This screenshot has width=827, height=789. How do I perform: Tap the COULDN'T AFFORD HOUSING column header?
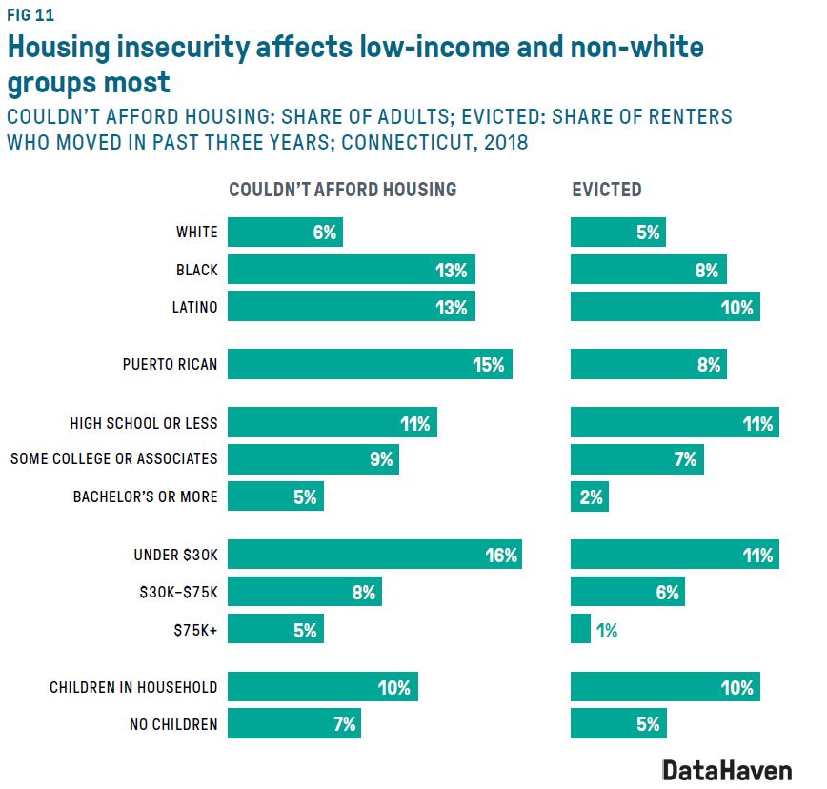pos(342,190)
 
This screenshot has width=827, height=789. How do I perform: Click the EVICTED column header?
pos(606,190)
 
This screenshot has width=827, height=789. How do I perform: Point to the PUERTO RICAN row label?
pos(170,364)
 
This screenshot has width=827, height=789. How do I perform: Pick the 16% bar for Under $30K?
pos(374,555)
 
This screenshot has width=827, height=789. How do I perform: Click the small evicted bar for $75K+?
pos(580,629)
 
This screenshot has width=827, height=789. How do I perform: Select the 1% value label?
pos(607,630)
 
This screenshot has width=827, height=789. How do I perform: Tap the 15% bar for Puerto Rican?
pos(370,364)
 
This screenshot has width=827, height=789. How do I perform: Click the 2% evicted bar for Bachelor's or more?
pos(589,496)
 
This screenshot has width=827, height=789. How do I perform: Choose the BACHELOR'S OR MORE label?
pos(145,496)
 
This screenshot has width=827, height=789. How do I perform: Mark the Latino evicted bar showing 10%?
pos(664,307)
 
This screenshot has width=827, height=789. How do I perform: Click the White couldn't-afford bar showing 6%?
pos(285,233)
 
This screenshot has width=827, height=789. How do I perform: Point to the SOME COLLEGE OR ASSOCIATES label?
pos(113,458)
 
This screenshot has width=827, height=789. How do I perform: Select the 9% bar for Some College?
pos(313,458)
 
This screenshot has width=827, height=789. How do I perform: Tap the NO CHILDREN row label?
pos(172,724)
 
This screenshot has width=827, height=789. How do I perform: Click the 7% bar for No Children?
pos(293,724)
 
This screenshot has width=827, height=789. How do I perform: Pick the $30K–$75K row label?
pos(177,593)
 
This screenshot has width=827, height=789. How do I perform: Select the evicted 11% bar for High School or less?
pos(674,423)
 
